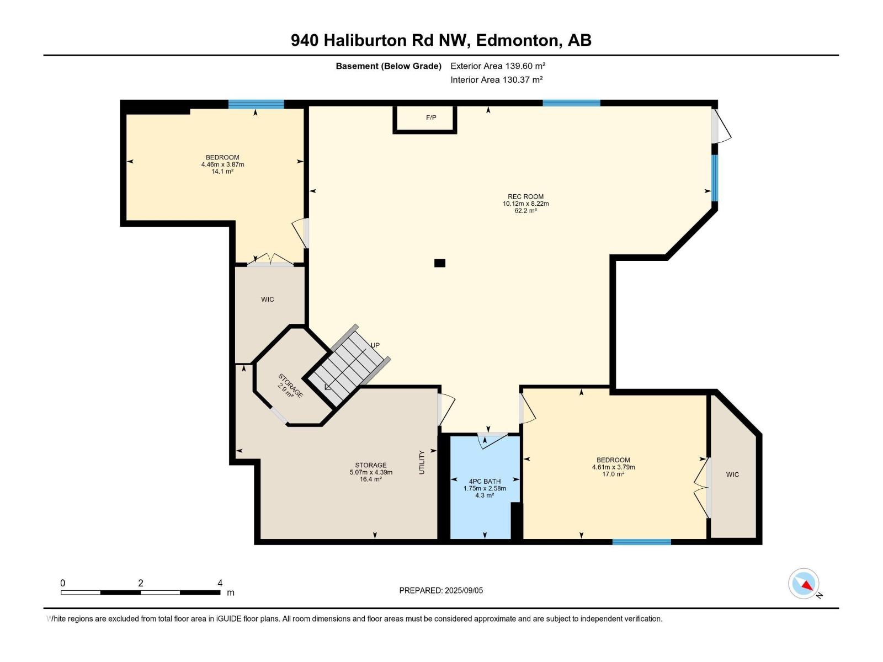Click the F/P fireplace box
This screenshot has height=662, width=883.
425,119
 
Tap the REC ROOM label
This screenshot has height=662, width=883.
525,196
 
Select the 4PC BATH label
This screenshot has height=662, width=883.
485,481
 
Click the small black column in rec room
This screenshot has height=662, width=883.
439,263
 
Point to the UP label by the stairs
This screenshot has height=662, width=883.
375,345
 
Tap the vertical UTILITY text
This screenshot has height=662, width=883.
422,462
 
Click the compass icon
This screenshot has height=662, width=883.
804,584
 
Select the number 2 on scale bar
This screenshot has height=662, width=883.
141,583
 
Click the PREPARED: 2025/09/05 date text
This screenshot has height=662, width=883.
441,590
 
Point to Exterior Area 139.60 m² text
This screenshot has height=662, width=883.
498,66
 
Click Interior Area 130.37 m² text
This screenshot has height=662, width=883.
496,79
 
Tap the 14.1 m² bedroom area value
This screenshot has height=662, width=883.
222,172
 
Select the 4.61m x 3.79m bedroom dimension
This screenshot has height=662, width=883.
613,467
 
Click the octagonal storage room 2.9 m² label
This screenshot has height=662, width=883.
288,389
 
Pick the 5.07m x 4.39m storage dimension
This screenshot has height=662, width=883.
371,472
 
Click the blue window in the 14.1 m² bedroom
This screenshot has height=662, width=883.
256,104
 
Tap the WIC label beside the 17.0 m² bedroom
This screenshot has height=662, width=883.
732,474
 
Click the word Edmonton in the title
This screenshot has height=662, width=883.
517,40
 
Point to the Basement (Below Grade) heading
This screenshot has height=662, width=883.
389,66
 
